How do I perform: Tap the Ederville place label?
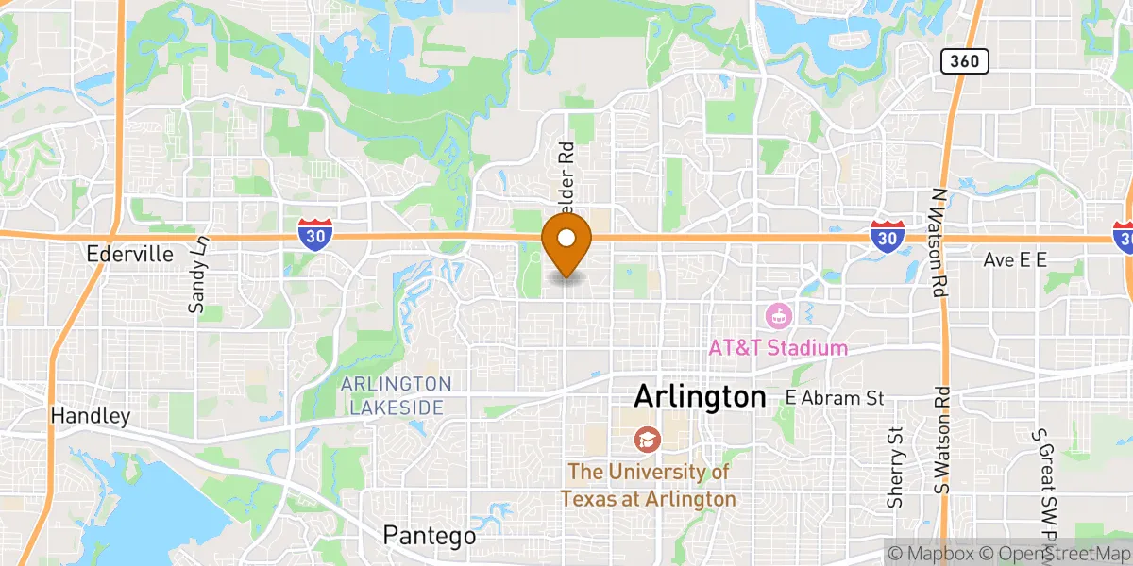tap(129, 255)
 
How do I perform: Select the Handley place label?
tap(90, 415)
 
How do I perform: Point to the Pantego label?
tap(430, 536)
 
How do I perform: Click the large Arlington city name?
tap(700, 396)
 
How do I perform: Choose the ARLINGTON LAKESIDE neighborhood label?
tap(397, 395)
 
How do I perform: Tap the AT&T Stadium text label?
tap(778, 348)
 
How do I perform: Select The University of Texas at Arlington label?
tap(648, 485)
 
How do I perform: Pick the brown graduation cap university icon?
tap(648, 440)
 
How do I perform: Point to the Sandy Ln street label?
tap(198, 275)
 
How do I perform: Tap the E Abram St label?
tap(835, 398)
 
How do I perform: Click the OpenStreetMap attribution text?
tap(1048, 553)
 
